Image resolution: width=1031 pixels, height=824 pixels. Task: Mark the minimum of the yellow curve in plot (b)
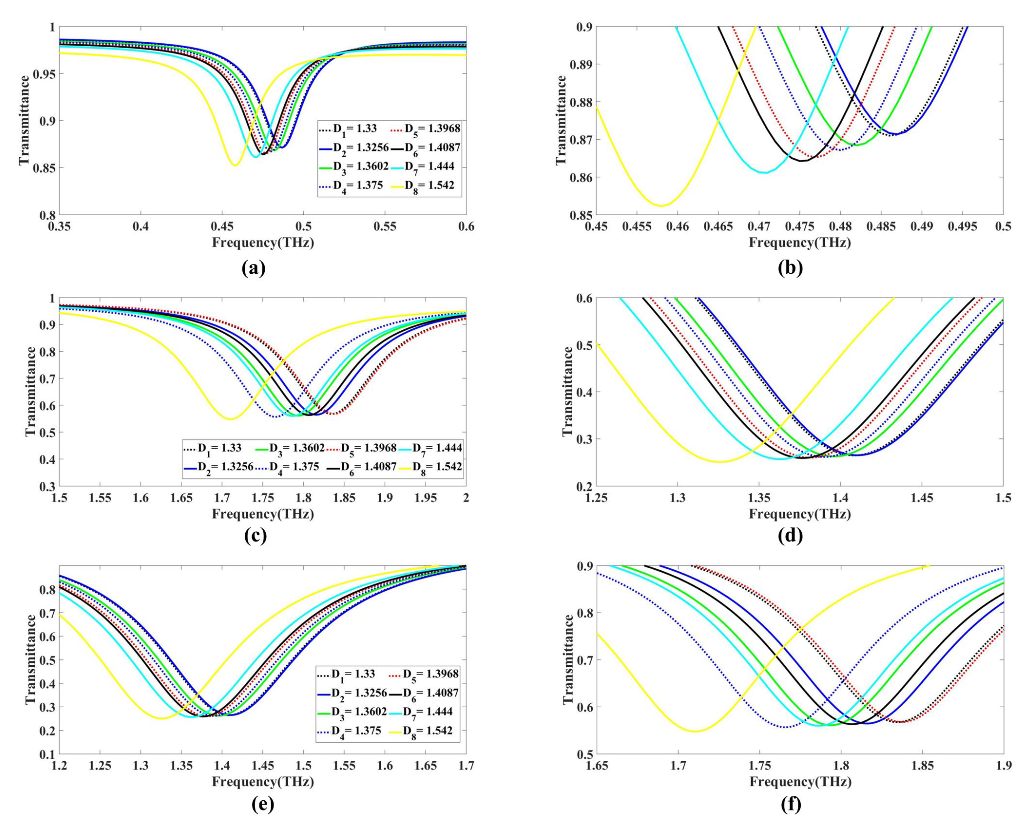click(661, 206)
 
